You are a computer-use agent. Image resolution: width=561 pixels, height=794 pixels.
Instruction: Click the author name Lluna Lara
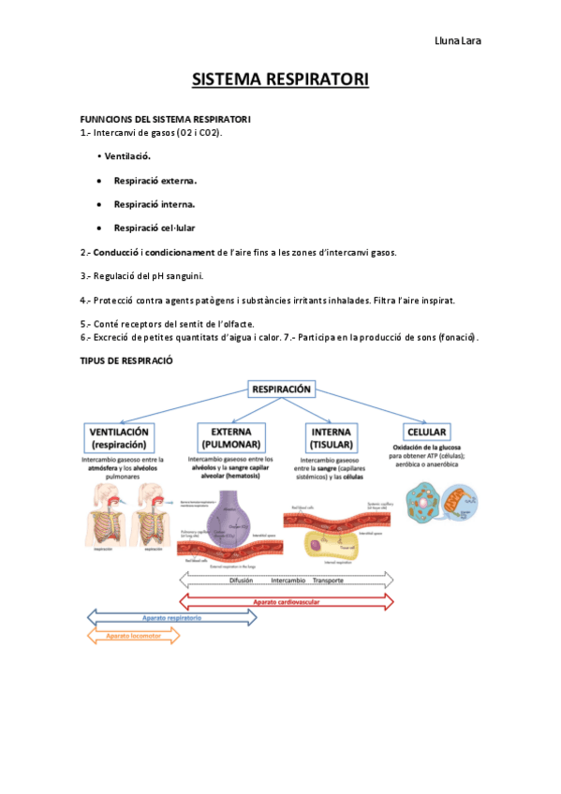click(460, 40)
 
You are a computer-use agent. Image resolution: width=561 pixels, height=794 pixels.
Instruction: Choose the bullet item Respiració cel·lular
click(155, 228)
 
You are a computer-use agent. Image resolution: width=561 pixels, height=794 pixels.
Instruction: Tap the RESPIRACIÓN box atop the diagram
click(281, 389)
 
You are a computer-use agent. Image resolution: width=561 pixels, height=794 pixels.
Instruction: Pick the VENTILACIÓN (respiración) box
click(121, 437)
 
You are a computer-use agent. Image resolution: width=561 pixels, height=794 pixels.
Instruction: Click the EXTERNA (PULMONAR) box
click(229, 437)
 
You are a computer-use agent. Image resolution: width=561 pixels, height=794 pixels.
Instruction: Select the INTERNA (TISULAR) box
click(332, 437)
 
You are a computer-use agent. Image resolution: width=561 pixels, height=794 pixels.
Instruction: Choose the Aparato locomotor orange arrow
click(132, 636)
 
